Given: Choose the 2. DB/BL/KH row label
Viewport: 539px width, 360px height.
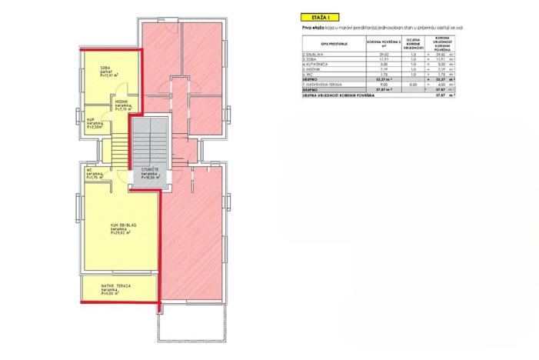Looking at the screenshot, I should [x=315, y=55].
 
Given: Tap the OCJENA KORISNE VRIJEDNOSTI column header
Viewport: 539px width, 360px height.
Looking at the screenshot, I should [x=413, y=42].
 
